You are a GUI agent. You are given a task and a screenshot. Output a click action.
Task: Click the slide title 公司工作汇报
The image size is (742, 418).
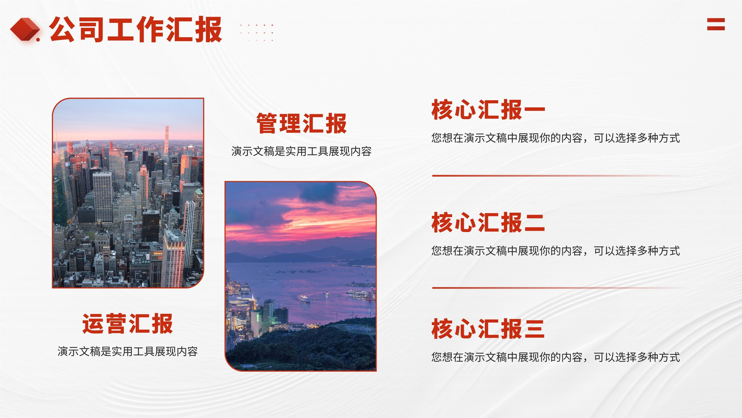135,30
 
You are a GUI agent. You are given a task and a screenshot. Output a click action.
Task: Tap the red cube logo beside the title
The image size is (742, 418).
25,29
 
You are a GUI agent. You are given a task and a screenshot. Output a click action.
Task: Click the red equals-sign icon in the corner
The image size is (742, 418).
716,24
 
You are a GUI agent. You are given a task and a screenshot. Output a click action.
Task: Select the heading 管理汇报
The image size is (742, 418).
301,124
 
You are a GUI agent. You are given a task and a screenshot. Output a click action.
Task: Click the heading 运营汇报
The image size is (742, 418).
128,323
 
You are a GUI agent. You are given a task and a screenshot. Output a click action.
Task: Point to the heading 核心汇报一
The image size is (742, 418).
488,110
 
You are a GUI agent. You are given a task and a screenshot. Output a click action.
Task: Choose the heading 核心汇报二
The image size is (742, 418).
488,222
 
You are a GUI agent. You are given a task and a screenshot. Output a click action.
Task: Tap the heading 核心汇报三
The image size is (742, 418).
488,329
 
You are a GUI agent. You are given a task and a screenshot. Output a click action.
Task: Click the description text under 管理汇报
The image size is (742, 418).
301,151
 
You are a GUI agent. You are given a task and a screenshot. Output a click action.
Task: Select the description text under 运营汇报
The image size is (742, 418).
128,351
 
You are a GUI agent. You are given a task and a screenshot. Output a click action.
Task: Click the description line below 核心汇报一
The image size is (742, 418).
556,137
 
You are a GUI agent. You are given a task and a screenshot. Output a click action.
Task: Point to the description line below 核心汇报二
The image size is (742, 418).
556,251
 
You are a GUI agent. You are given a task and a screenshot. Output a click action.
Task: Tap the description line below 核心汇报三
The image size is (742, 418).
556,357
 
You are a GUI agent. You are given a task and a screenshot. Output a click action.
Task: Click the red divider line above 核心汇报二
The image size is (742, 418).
558,176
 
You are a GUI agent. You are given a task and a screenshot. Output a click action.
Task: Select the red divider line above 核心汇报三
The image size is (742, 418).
558,287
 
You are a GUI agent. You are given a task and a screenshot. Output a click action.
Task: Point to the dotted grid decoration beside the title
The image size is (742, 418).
257,33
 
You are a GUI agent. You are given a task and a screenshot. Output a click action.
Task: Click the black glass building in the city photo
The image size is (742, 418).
151,226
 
